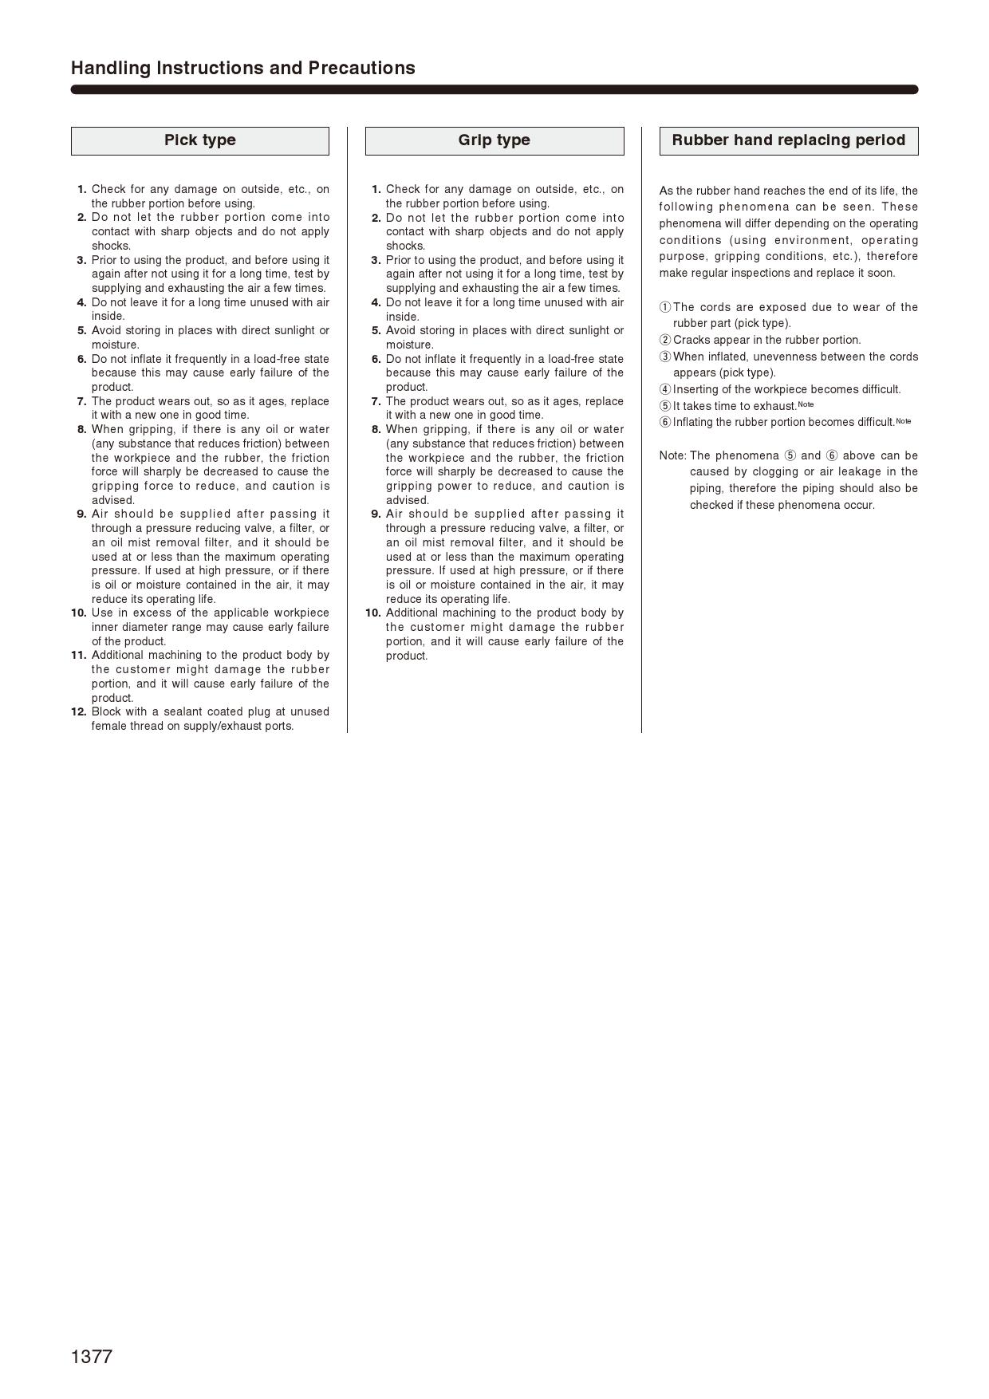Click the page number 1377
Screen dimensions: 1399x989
pos(92,1357)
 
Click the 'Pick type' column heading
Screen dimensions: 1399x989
pos(200,140)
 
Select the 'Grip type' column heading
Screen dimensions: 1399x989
pos(494,140)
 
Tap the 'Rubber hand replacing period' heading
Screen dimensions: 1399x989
pos(788,140)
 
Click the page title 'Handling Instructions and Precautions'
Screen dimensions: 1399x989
pos(243,68)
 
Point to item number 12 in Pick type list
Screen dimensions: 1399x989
pos(78,711)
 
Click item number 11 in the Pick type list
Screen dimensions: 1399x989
pos(78,655)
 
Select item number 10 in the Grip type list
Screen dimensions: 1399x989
pos(372,613)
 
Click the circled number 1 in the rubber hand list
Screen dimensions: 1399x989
pos(665,307)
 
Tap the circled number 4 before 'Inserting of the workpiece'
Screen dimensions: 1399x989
pos(665,389)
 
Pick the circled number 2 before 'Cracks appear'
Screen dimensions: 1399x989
pos(665,340)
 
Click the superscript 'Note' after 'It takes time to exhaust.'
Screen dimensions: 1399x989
pos(806,404)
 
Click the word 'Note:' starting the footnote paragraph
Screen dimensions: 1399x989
pos(672,455)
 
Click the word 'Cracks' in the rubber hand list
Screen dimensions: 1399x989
pos(692,340)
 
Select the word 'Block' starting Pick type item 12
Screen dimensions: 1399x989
pos(106,711)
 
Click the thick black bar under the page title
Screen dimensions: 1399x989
pos(494,89)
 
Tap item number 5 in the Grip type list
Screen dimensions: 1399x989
pos(376,330)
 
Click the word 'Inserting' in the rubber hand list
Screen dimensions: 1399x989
pos(697,389)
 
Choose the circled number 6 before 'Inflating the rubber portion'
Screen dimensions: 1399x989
pos(665,422)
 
